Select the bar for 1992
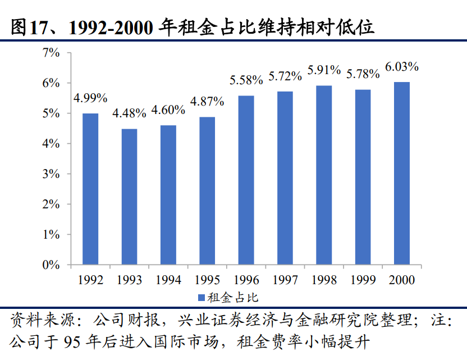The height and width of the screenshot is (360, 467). (90, 189)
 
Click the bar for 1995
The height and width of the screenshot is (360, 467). (207, 190)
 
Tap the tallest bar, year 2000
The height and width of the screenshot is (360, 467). (401, 173)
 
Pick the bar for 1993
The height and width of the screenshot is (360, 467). (129, 197)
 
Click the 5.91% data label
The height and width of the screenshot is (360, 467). (324, 70)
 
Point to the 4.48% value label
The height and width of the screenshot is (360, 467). (129, 113)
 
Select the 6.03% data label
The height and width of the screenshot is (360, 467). (402, 67)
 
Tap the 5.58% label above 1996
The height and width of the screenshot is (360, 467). (246, 80)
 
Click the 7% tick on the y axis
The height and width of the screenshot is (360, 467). (51, 53)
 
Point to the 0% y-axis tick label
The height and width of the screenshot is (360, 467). (51, 265)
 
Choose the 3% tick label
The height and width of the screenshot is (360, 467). (51, 174)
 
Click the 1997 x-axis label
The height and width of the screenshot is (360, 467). (285, 279)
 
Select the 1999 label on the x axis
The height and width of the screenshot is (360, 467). (363, 279)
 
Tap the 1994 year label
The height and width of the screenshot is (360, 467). (168, 279)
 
